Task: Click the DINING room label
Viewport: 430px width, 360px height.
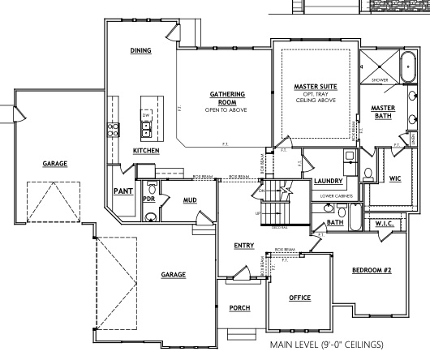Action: coord(141,50)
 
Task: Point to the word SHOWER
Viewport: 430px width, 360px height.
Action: coord(380,80)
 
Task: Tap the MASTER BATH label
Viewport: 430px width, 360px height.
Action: coord(382,112)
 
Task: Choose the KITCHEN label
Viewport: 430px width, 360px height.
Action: coord(146,151)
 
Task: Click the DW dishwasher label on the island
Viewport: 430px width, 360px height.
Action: coord(146,115)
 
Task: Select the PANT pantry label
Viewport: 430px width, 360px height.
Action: coord(123,191)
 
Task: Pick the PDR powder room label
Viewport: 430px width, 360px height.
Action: coord(148,198)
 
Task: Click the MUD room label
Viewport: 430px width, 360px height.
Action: coord(189,199)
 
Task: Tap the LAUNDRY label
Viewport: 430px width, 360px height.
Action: coord(330,181)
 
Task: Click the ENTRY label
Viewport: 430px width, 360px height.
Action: coord(243,245)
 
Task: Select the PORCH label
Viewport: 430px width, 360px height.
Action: coord(239,307)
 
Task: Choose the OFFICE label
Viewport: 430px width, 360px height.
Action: coord(300,298)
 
